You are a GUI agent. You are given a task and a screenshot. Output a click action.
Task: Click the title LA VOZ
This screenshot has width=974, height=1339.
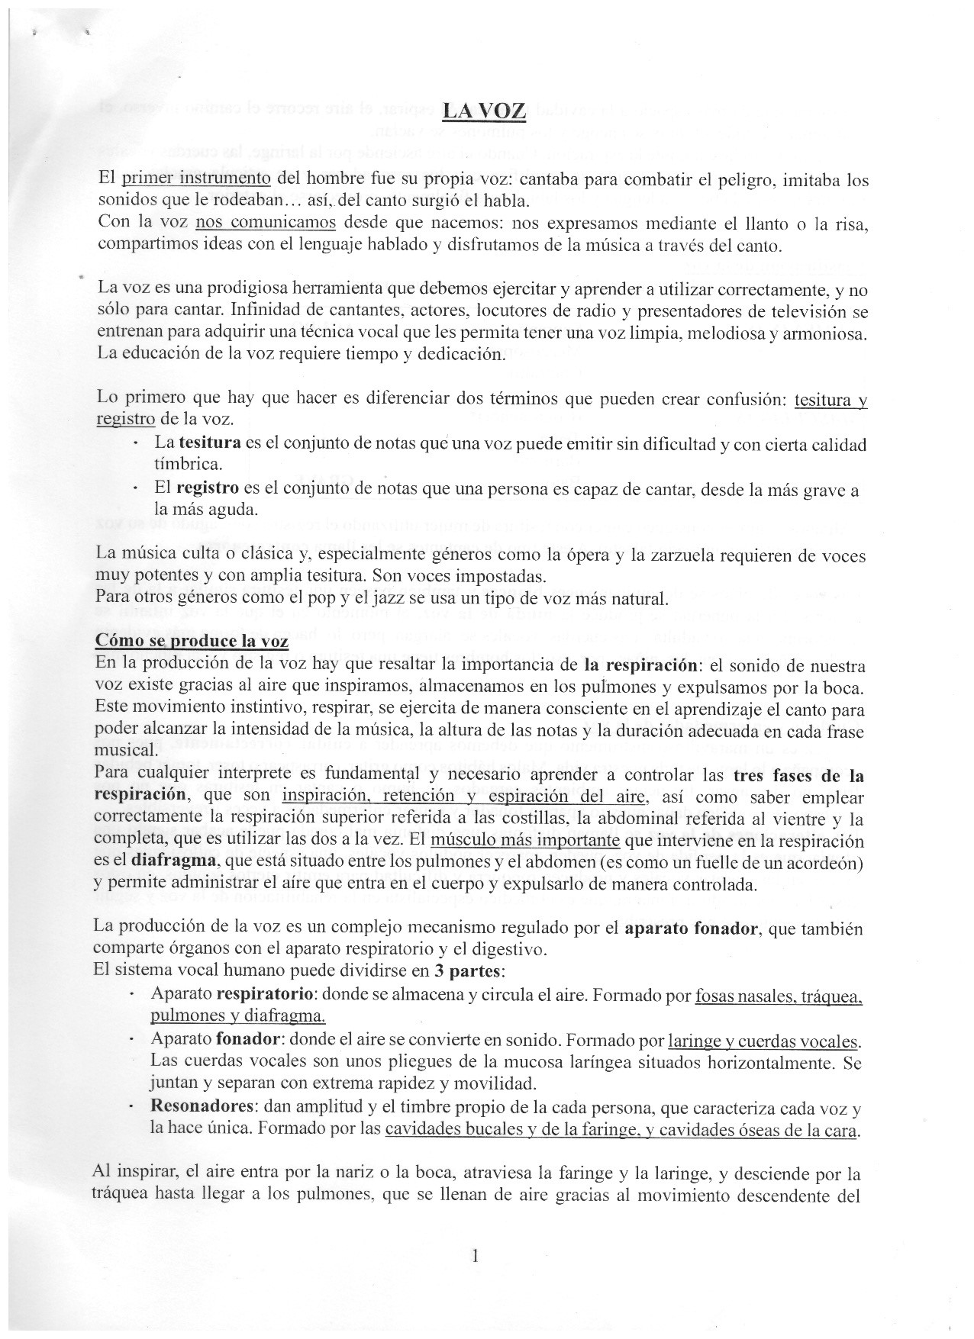pyautogui.click(x=483, y=111)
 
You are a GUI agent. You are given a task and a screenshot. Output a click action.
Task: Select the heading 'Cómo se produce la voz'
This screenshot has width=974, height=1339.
pyautogui.click(x=192, y=641)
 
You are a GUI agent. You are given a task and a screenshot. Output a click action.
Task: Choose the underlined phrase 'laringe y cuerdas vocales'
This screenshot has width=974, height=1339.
pyautogui.click(x=763, y=1041)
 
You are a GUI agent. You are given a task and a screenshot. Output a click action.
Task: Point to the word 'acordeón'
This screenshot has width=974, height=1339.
pyautogui.click(x=828, y=863)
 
